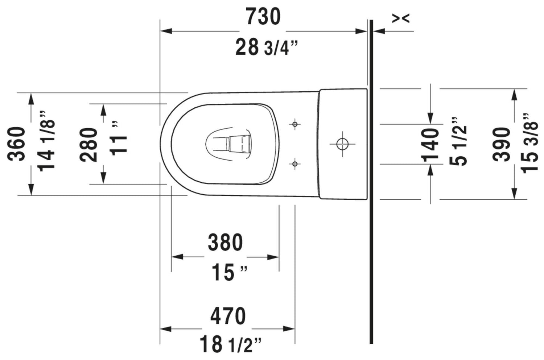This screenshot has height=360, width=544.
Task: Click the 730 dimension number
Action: pos(263,17)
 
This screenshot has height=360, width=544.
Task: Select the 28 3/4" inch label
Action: pos(267,47)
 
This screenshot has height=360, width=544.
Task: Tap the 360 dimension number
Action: pos(17,144)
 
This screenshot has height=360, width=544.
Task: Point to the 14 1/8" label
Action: pos(46,142)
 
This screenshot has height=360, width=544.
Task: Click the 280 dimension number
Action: pos(88,145)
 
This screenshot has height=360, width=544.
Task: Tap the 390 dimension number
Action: pos(501,144)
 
